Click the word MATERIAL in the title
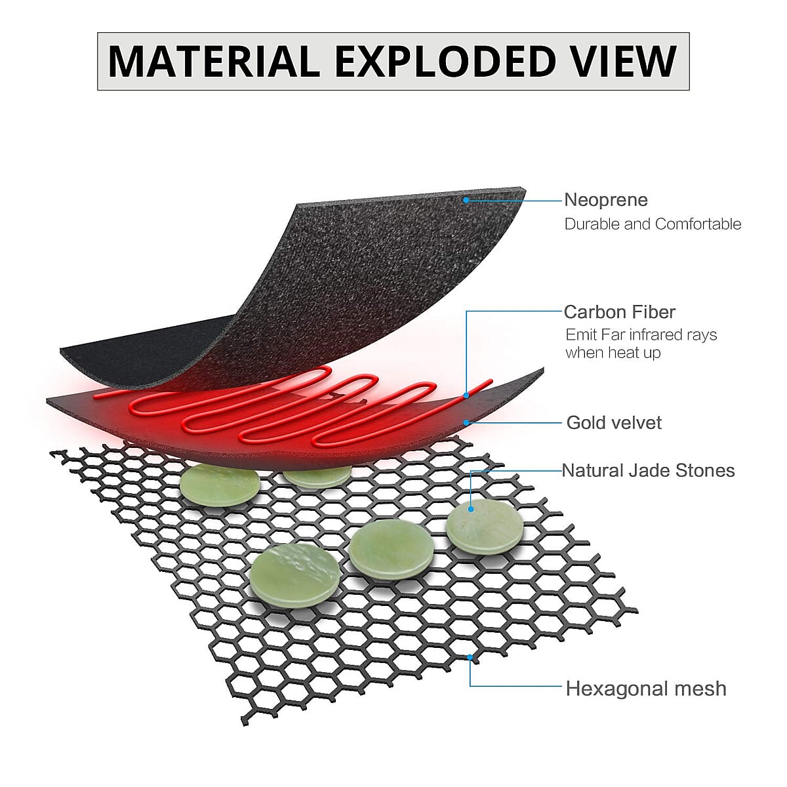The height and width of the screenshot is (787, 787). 214,61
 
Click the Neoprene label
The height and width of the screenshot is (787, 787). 605,199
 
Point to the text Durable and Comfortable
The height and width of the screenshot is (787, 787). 653,224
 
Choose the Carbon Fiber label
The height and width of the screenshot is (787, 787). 619,312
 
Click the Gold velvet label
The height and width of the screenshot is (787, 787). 614,422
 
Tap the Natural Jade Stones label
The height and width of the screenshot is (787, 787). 648,470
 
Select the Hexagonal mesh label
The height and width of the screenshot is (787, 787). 646,689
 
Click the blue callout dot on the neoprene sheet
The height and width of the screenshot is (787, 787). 466,199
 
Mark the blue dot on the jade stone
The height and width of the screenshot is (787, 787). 471,508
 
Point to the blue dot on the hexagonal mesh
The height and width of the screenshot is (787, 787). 470,656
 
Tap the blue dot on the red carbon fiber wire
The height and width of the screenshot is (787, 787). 466,395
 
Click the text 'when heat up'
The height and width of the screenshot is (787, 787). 613,353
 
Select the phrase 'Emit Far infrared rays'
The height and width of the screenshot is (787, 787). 641,334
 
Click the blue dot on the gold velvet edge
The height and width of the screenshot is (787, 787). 466,422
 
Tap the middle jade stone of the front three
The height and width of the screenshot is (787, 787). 391,550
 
